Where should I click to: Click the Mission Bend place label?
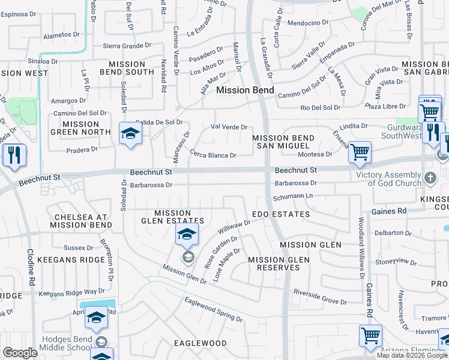(245, 91)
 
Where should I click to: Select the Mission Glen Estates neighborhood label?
(181, 217)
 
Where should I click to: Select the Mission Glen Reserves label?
(279, 263)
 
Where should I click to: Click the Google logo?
(20, 353)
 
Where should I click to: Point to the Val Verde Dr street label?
(229, 127)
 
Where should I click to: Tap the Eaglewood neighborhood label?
(200, 343)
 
